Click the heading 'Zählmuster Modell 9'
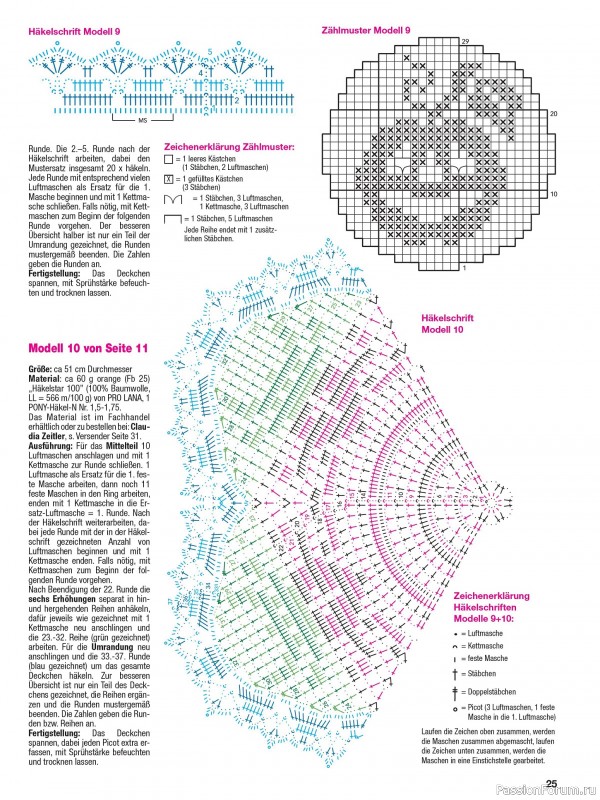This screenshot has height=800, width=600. click(x=366, y=31)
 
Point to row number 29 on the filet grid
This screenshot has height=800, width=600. click(x=465, y=40)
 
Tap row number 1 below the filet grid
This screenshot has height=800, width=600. click(x=464, y=268)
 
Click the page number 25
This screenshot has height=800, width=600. click(x=550, y=783)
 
